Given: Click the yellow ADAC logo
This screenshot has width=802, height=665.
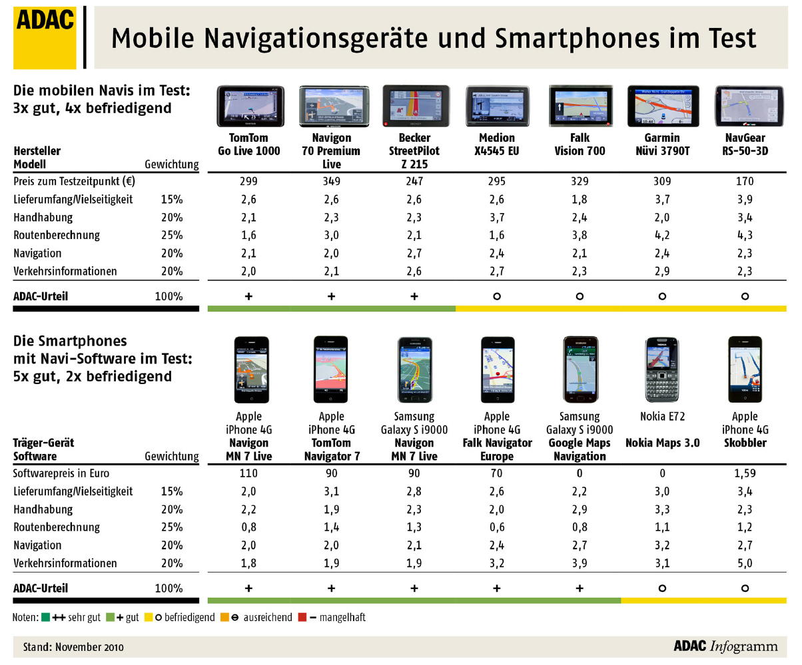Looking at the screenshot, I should pyautogui.click(x=45, y=37).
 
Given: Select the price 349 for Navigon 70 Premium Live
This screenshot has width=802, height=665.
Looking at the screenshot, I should pyautogui.click(x=331, y=181).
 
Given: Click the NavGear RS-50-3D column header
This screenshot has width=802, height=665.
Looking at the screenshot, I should pyautogui.click(x=745, y=144).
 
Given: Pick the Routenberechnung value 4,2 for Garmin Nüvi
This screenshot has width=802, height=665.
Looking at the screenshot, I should pyautogui.click(x=661, y=235).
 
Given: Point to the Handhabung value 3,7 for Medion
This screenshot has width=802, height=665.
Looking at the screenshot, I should pyautogui.click(x=496, y=217).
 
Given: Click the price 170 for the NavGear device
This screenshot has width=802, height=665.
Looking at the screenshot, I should pyautogui.click(x=745, y=181).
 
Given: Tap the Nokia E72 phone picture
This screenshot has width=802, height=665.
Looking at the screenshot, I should pyautogui.click(x=661, y=369).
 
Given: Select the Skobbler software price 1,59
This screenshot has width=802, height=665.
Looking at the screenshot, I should pyautogui.click(x=745, y=474).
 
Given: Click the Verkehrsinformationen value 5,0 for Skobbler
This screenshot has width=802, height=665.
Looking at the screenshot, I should pyautogui.click(x=745, y=563).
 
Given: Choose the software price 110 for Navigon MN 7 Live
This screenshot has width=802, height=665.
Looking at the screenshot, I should pyautogui.click(x=248, y=474).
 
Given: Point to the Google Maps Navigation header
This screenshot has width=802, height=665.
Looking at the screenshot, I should pyautogui.click(x=579, y=449).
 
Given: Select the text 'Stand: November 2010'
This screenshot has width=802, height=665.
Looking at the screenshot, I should pyautogui.click(x=73, y=646).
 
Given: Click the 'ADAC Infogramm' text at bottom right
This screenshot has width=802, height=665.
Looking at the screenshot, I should pyautogui.click(x=725, y=646).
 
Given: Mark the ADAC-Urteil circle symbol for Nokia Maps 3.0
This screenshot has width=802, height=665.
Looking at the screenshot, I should pyautogui.click(x=661, y=588).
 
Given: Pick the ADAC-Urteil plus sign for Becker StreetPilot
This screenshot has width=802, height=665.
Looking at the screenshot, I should pyautogui.click(x=414, y=296).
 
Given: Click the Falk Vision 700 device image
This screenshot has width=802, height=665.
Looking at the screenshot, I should pyautogui.click(x=579, y=106).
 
